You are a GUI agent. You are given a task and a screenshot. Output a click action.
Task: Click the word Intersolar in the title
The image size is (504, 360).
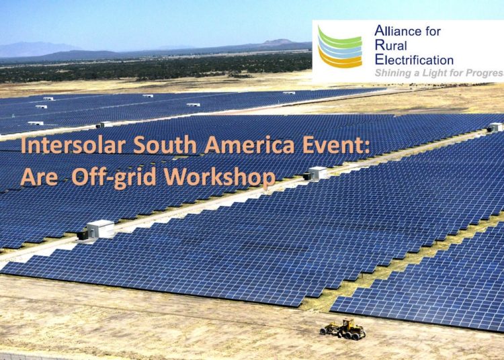[73, 145]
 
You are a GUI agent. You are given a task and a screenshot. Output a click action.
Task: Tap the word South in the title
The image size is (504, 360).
[165, 145]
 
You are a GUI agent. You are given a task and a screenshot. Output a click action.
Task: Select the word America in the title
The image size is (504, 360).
[249, 145]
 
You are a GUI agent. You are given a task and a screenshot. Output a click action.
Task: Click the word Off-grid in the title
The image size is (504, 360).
[114, 177]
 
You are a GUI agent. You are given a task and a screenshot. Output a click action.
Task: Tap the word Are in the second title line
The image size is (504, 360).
[39, 177]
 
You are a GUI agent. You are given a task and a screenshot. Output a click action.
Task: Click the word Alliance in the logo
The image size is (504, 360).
[398, 31]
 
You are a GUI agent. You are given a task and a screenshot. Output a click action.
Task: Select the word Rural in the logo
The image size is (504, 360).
[391, 45]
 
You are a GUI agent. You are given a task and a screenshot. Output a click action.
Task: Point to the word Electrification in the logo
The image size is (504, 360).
[414, 60]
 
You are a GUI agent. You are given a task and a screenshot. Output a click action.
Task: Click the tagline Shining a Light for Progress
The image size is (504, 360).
[439, 73]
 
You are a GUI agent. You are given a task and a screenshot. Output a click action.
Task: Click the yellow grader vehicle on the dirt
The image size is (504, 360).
[343, 329]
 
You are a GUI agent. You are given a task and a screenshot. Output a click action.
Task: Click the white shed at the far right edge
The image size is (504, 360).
[495, 127]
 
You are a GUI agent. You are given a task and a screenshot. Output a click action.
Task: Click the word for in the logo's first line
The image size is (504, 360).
[433, 31]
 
